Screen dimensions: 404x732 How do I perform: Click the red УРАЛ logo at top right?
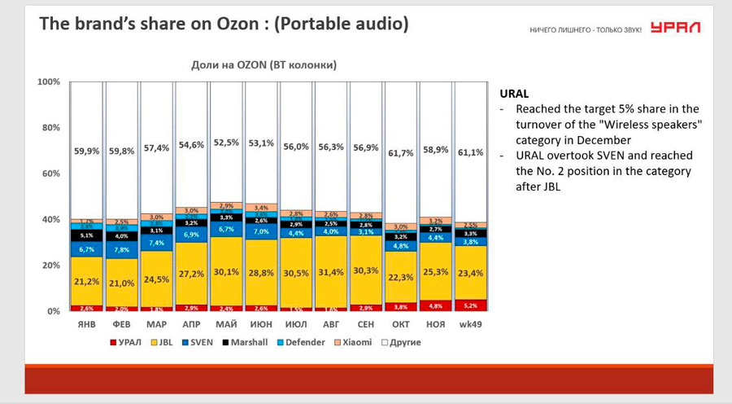click(x=675, y=28)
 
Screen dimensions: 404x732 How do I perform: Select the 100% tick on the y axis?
click(x=49, y=82)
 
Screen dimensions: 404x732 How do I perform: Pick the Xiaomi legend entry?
click(x=355, y=342)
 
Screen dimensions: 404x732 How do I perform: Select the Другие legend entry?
click(x=403, y=342)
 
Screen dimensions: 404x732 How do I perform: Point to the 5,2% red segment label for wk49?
click(x=469, y=305)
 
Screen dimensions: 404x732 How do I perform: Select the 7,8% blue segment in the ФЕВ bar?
click(x=121, y=250)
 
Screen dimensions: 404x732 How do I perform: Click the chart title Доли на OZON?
click(x=264, y=64)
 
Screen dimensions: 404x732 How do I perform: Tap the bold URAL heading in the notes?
click(x=514, y=94)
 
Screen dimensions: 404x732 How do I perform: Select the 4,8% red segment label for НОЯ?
click(x=434, y=306)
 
